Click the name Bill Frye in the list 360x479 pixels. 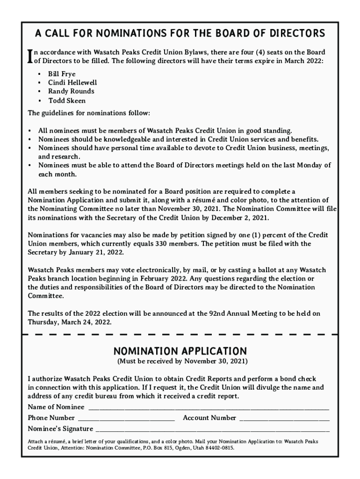point(62,74)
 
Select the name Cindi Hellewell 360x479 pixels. point(72,83)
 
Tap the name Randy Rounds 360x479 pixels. point(71,91)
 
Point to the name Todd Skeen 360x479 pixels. point(67,101)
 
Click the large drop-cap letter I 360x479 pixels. point(30,57)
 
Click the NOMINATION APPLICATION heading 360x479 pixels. point(180,351)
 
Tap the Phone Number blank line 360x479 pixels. point(126,418)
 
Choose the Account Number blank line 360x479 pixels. point(284,418)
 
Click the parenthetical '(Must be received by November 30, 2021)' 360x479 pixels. point(182,362)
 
